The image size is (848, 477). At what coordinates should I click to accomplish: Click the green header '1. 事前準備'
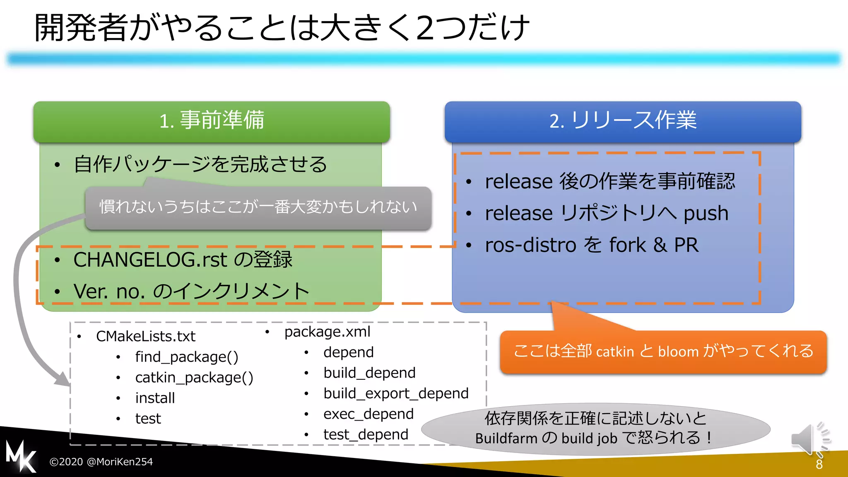click(212, 121)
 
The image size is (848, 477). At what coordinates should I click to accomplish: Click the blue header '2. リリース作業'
click(623, 121)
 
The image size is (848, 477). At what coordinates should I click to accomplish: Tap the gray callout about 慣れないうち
click(258, 207)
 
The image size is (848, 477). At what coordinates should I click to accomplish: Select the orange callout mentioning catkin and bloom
click(663, 352)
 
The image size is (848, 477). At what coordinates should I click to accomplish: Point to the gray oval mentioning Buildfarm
click(595, 429)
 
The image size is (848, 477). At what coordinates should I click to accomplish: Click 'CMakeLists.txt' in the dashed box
click(146, 336)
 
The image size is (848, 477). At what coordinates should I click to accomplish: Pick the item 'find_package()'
click(187, 357)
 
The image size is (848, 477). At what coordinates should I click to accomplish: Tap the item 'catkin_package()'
click(194, 378)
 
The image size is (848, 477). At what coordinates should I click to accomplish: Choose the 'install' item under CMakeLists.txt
click(155, 398)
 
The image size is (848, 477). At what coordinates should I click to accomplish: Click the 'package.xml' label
click(327, 332)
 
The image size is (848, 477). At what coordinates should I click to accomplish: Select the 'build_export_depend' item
click(396, 393)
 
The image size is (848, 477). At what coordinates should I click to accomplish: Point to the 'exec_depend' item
click(369, 414)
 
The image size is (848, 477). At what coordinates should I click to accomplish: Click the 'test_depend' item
click(366, 434)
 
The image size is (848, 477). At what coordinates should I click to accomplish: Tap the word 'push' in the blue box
click(706, 214)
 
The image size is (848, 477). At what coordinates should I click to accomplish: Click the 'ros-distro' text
click(531, 245)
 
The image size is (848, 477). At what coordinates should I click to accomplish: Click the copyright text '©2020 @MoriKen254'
click(101, 462)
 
